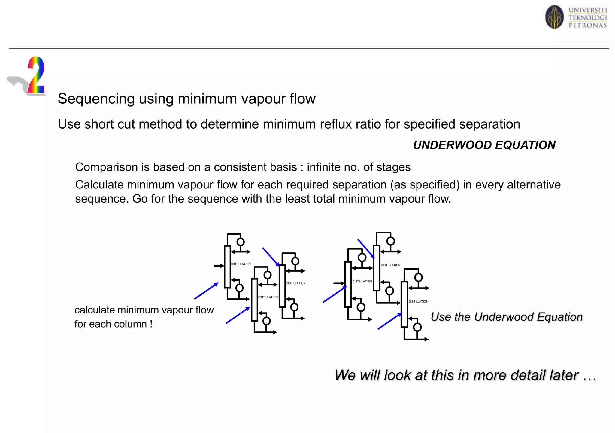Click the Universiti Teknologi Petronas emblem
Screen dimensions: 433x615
tap(554, 17)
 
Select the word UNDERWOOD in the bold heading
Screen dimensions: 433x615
tap(452, 145)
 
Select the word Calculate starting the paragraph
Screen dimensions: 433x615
tap(99, 185)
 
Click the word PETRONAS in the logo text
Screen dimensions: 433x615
tap(588, 26)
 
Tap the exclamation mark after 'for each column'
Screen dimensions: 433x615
tap(151, 324)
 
